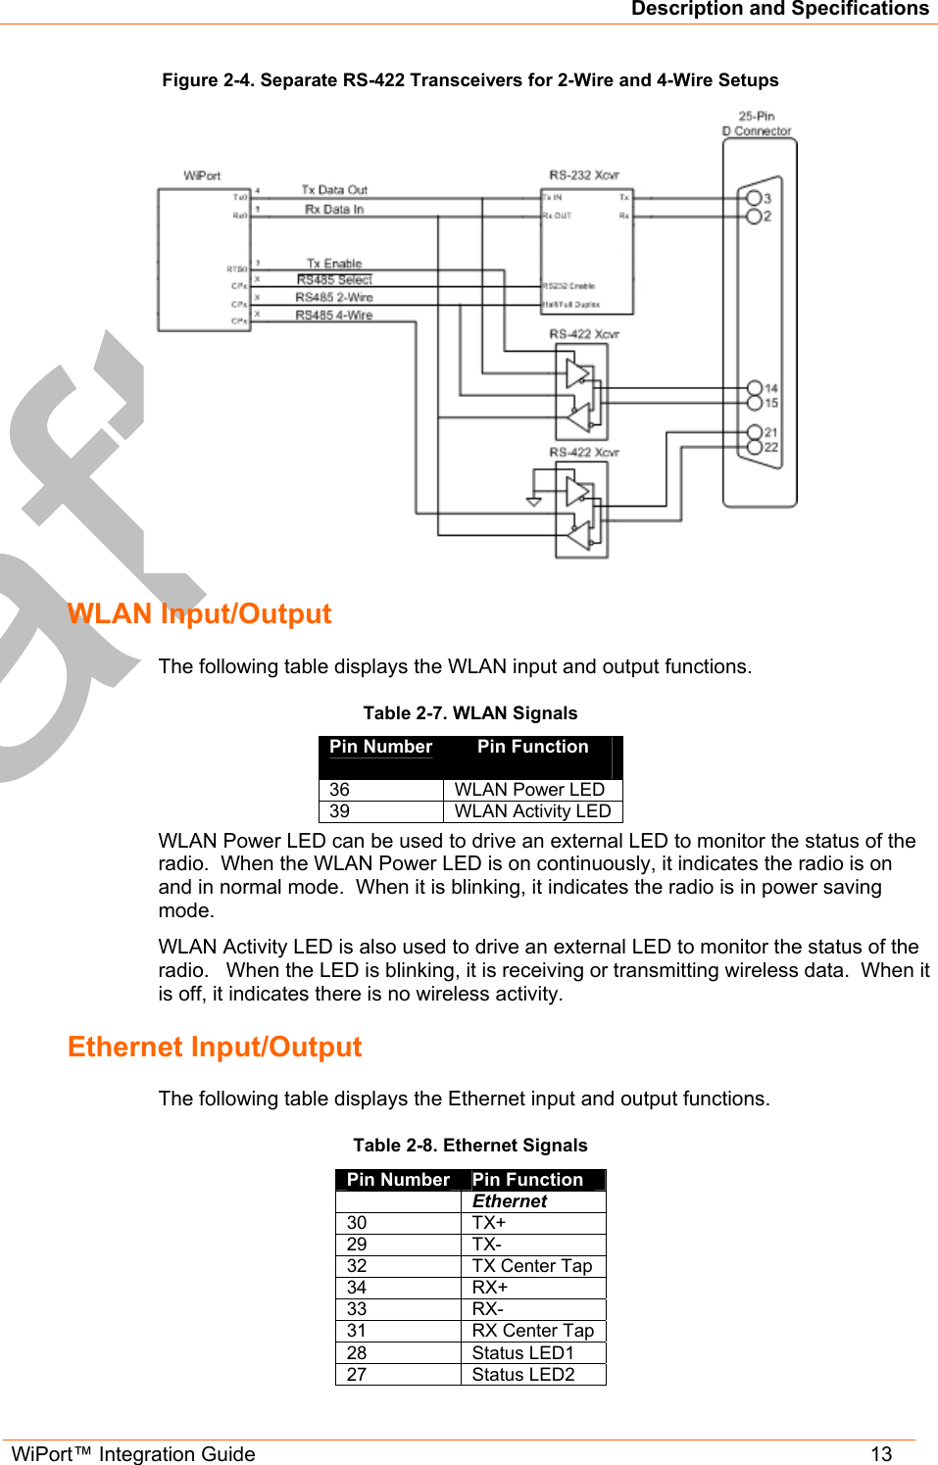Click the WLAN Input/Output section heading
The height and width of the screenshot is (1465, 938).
tap(199, 614)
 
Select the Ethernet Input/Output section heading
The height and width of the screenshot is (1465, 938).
tap(215, 1048)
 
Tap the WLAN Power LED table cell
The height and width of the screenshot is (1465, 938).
tap(529, 790)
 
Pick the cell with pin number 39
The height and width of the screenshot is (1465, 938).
tap(340, 811)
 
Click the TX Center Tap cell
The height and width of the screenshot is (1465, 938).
tap(531, 1266)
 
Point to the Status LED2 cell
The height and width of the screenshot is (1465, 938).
tap(522, 1375)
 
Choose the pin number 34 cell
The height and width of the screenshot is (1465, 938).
tap(357, 1288)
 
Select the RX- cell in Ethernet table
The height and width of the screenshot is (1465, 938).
tap(487, 1309)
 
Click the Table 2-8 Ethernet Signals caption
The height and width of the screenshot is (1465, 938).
tap(469, 1146)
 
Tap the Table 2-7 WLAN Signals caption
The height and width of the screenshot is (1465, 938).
tap(469, 713)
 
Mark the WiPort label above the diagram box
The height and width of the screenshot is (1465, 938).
tap(202, 176)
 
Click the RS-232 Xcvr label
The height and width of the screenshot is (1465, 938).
tap(584, 175)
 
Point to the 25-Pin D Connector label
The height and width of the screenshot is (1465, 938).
tap(757, 123)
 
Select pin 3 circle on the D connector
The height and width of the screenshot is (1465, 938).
tap(754, 198)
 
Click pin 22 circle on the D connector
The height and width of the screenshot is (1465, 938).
tap(754, 447)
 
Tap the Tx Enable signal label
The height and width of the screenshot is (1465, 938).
tap(334, 264)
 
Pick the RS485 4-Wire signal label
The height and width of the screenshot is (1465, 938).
tap(334, 316)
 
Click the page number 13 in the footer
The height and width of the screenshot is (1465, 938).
tap(881, 1454)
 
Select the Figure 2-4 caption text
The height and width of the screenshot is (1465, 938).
tap(469, 80)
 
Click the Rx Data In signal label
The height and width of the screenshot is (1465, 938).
tap(334, 210)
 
